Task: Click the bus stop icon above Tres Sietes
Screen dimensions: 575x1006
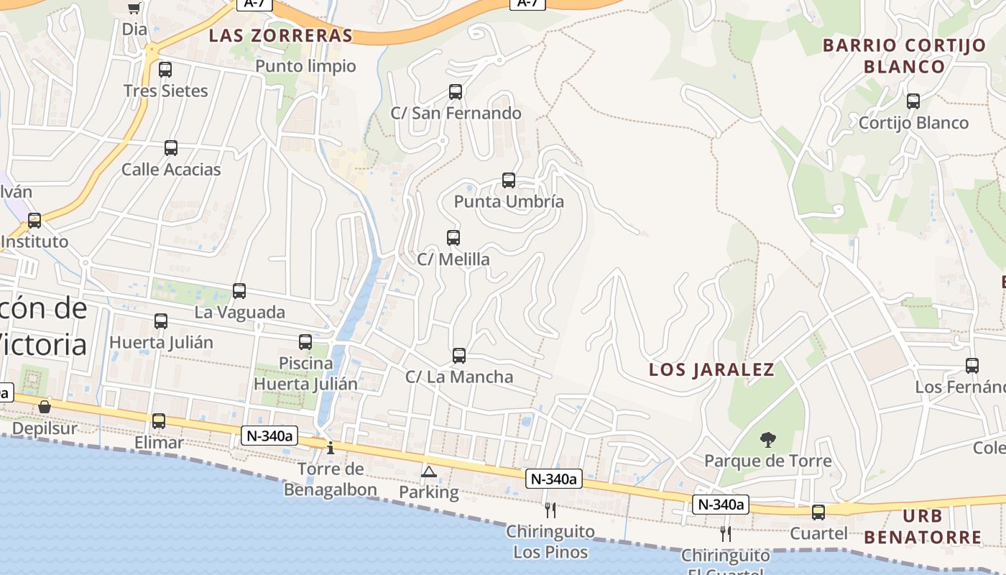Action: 165,70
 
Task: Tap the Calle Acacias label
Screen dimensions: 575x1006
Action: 171,170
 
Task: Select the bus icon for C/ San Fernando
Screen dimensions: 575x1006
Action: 456,92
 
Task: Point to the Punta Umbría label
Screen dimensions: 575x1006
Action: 509,202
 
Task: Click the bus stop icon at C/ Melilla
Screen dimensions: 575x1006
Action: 453,238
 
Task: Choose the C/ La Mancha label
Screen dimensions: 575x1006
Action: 459,377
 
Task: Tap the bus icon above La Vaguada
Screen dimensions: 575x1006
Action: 239,291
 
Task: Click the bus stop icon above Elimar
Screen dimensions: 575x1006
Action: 159,421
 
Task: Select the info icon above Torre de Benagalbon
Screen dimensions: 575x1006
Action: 331,448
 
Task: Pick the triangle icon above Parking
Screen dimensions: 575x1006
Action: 429,471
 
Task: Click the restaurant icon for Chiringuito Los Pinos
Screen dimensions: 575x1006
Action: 550,510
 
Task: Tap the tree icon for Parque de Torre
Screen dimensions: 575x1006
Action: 768,440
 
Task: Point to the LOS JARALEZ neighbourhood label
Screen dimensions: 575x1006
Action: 711,370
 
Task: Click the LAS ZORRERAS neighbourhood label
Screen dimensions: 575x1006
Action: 281,36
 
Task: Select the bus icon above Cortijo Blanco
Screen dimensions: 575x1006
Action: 913,101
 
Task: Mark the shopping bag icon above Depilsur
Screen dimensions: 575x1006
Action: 45,407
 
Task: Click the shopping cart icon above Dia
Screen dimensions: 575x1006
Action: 134,8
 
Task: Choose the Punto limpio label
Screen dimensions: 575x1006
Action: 306,66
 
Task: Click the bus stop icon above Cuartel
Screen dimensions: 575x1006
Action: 818,512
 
